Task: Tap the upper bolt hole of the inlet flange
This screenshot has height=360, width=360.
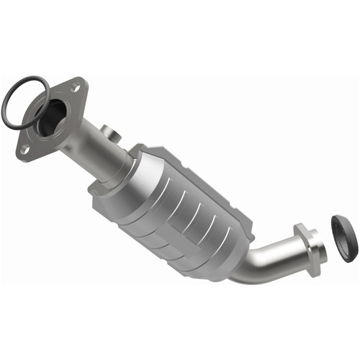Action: (74, 88)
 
